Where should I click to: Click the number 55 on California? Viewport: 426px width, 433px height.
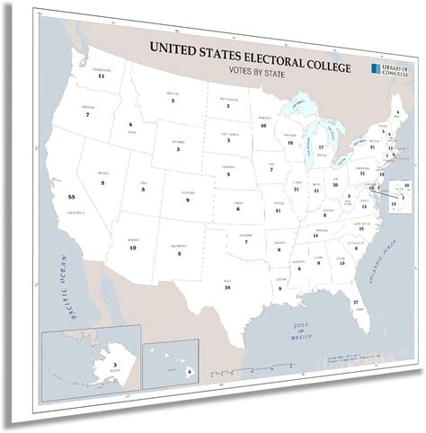pos(58,196)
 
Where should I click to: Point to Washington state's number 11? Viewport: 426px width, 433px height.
pos(102,76)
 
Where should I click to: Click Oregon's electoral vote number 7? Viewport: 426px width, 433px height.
pos(87,115)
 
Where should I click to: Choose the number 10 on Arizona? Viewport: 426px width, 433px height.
pos(132,246)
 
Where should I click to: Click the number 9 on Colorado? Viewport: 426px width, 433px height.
pos(187,199)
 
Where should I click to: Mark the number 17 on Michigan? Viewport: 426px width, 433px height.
pos(321,146)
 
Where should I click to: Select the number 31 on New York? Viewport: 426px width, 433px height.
pos(372,146)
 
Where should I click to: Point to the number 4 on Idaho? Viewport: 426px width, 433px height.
pos(129,124)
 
